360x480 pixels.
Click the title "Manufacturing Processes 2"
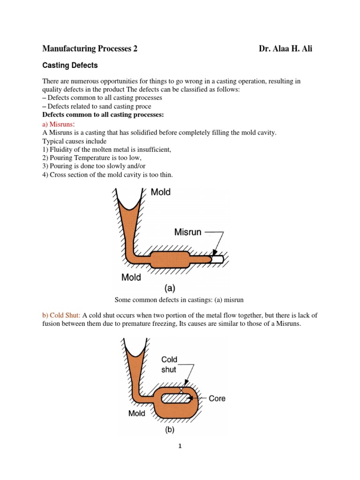(90, 49)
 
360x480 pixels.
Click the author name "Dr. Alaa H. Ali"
(285, 49)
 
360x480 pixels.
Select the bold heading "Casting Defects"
(70, 66)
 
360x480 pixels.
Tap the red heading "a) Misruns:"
(59, 124)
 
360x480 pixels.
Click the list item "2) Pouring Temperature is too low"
(95, 158)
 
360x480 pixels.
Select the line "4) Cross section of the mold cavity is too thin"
(107, 175)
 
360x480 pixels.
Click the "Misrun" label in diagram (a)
(187, 232)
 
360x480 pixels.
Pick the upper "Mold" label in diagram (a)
(161, 192)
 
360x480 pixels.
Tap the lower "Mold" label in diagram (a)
(131, 277)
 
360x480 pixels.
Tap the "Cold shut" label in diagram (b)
(169, 364)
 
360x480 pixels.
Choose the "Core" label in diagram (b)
(217, 398)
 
